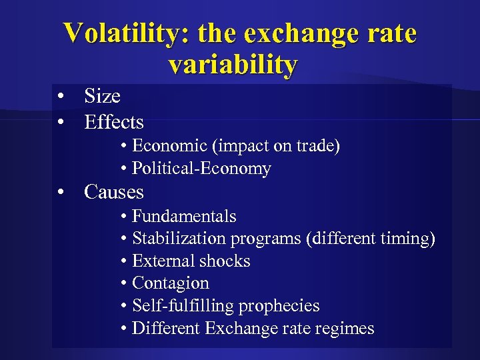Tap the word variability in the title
point(233,65)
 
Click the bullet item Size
point(102,97)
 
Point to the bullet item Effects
point(114,123)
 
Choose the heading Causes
point(114,193)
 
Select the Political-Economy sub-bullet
point(201,169)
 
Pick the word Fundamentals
point(184,217)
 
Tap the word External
point(161,261)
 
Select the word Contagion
point(171,283)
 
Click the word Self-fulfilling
point(183,306)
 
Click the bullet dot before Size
point(61,97)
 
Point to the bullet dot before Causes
point(61,193)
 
